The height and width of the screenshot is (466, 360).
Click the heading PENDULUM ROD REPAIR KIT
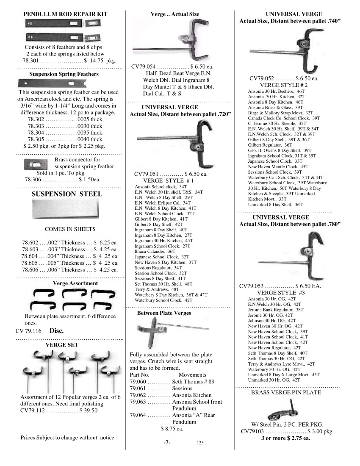coord(65,14)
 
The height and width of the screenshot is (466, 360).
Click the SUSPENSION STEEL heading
coord(67,194)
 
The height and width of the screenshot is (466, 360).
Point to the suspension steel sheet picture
coord(66,211)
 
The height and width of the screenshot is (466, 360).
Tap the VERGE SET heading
coord(62,345)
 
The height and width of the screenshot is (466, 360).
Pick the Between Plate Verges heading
coord(164,313)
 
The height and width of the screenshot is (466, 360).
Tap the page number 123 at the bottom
coord(200,443)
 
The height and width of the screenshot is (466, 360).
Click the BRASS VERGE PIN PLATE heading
coord(286,392)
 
